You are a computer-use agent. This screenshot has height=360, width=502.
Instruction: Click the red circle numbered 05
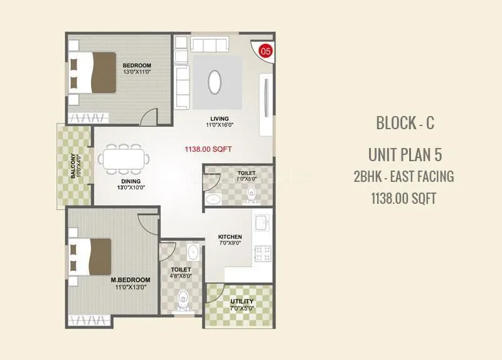(265, 50)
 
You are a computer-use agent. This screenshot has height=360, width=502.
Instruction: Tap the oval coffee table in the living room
(214, 81)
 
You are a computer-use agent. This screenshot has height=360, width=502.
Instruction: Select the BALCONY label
(73, 166)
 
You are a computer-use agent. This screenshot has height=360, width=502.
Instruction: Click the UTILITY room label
(242, 302)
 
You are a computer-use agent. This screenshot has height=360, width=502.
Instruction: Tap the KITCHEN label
(230, 237)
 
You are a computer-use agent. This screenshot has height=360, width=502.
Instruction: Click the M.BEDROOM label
(131, 280)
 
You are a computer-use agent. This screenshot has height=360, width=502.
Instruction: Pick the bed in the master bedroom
(90, 256)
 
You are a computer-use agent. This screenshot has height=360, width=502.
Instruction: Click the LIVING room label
(219, 119)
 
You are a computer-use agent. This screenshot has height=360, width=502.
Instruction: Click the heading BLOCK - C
(405, 123)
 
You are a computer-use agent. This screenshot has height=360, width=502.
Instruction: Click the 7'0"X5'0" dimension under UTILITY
(242, 309)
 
